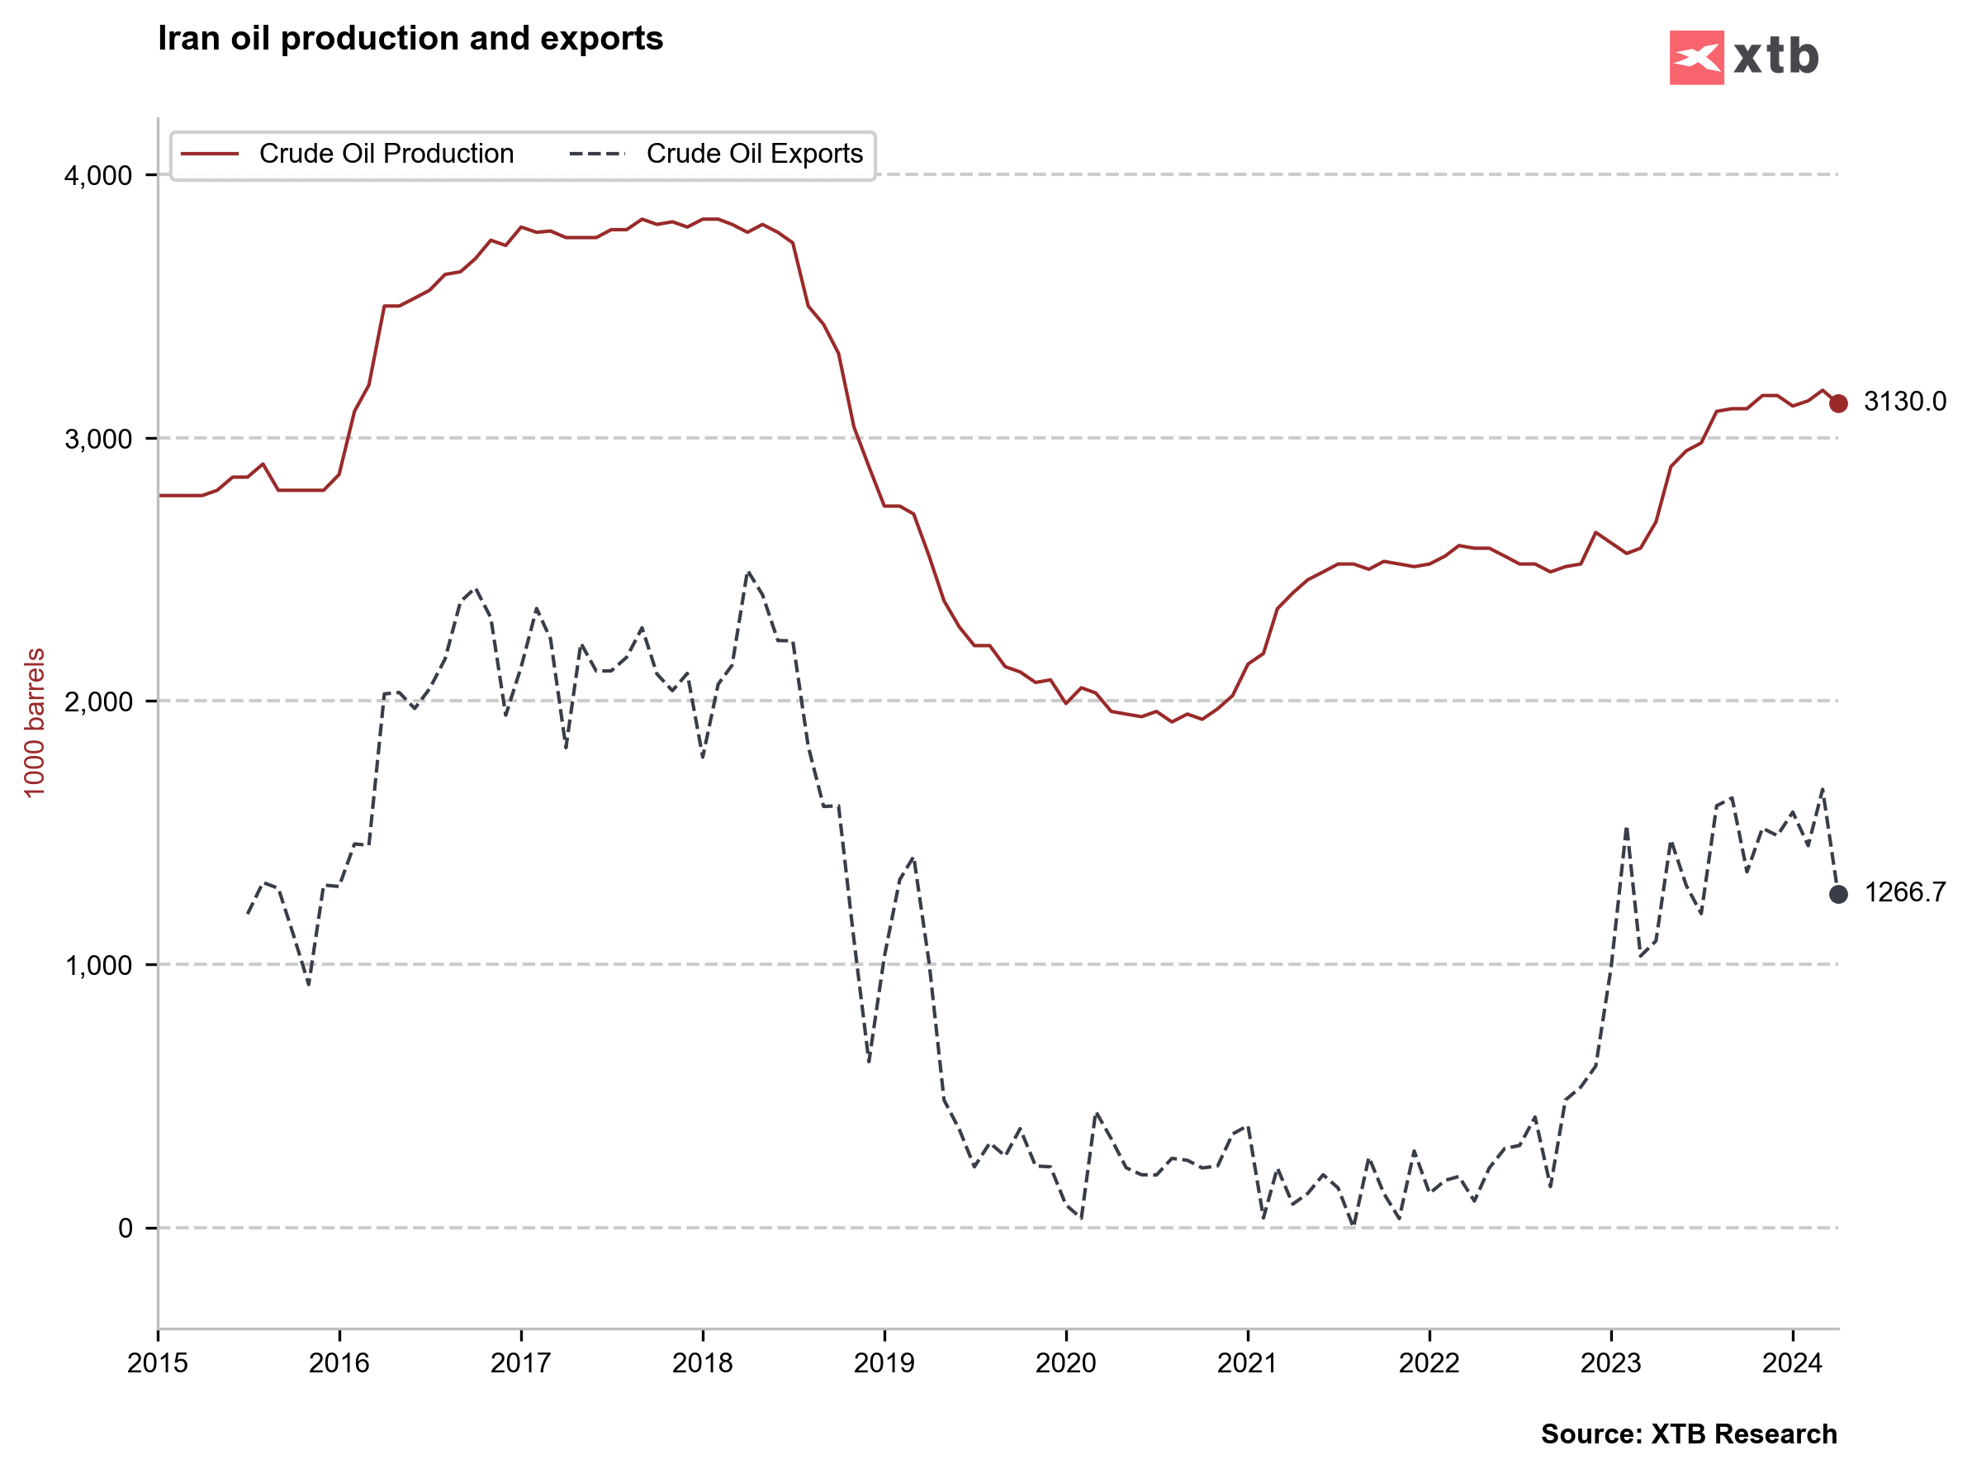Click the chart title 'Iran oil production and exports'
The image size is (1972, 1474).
pos(410,39)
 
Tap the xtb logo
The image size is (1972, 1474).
pos(1743,57)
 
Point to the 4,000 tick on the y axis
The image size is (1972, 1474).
pos(98,176)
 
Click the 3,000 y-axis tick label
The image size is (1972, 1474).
pos(98,440)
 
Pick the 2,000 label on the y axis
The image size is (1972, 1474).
pos(98,702)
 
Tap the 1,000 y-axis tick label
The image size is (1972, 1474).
pos(98,966)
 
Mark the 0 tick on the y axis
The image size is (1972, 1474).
pos(126,1229)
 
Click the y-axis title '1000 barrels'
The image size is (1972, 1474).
pos(34,723)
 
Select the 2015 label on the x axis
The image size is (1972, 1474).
pos(158,1363)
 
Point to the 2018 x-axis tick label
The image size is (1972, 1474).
pos(703,1363)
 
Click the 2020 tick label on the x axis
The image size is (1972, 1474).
pos(1065,1363)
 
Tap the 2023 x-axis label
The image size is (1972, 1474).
pos(1610,1363)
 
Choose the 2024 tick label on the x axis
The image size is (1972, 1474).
pos(1792,1363)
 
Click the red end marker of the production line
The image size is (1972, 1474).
pos(1838,404)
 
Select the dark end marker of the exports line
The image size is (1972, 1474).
pos(1838,894)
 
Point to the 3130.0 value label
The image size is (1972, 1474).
pos(1904,402)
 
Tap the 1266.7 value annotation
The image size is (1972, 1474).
pos(1904,892)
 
